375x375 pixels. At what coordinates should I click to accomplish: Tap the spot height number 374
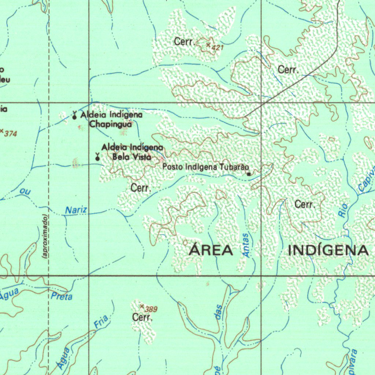click(x=11, y=134)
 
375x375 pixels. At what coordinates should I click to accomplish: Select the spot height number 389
click(x=151, y=309)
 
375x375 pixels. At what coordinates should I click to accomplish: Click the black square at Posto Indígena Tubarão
click(x=249, y=174)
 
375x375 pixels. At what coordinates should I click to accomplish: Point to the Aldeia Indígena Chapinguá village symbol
click(x=74, y=116)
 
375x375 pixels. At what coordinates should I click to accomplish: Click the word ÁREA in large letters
click(x=211, y=250)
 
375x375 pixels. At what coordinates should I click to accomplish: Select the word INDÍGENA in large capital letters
click(x=328, y=250)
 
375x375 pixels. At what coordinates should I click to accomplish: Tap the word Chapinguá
click(x=111, y=124)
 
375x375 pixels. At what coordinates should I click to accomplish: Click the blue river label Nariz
click(x=76, y=210)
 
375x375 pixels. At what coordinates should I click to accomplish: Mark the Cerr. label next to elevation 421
click(x=184, y=42)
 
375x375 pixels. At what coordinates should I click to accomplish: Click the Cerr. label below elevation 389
click(x=142, y=318)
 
